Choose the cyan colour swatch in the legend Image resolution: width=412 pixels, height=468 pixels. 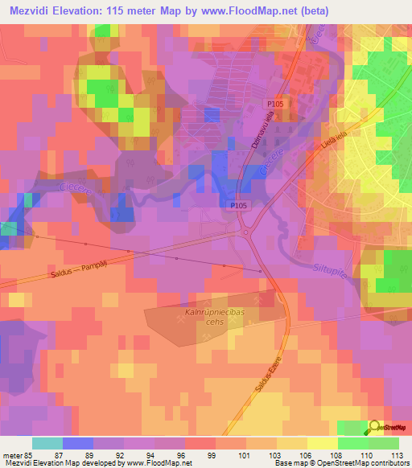click(47, 443)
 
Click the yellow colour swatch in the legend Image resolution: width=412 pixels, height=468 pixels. click(323, 443)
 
